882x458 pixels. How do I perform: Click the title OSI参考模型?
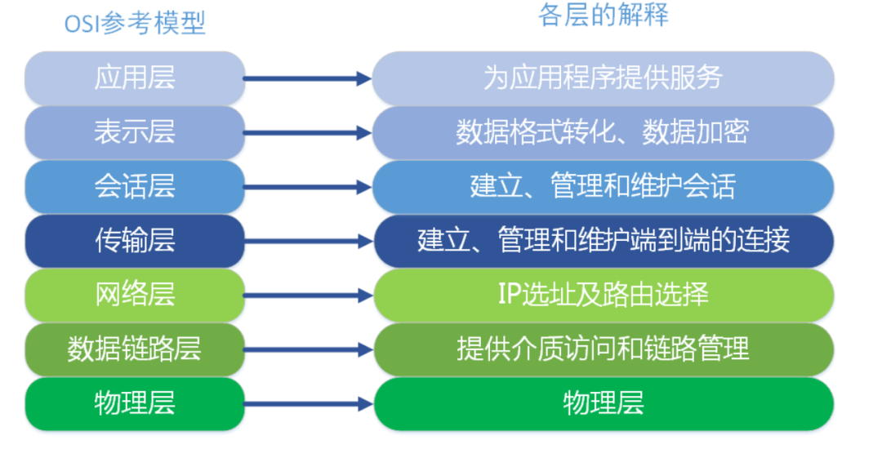click(135, 24)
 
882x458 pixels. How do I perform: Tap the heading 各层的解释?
click(603, 16)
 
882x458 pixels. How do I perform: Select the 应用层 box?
click(135, 78)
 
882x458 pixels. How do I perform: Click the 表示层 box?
click(135, 133)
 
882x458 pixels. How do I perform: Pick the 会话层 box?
click(135, 187)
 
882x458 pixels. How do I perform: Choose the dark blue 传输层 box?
click(135, 241)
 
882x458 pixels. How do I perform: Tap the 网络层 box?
click(135, 296)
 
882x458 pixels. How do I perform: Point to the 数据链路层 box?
click(135, 349)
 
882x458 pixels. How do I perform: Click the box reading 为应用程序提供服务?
click(604, 78)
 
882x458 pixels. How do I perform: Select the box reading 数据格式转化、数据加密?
click(604, 133)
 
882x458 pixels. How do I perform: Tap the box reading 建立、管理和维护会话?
click(604, 187)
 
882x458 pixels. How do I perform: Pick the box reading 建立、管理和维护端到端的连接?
click(604, 241)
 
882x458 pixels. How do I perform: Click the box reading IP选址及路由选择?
click(604, 296)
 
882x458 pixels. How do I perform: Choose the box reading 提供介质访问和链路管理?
click(604, 349)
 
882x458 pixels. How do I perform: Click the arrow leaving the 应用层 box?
click(308, 78)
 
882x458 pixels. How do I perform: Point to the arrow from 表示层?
click(308, 133)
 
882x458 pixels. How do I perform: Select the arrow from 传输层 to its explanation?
click(308, 242)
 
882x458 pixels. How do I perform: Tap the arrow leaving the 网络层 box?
click(308, 296)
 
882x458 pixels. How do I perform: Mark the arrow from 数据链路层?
click(308, 350)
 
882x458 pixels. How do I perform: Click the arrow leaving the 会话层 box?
click(308, 188)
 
